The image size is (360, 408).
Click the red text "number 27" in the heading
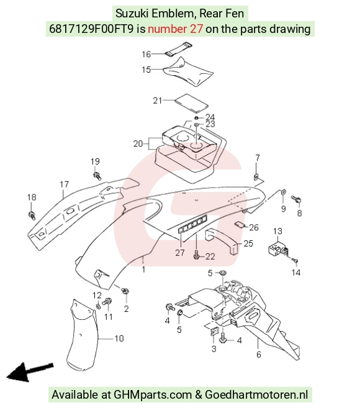[x=175, y=29]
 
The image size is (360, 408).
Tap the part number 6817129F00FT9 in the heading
[x=91, y=29]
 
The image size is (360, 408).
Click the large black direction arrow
[x=30, y=372]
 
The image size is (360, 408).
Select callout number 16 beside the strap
[x=146, y=54]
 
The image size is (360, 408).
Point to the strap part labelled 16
[x=179, y=50]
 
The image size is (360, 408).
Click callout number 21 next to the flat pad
[x=158, y=101]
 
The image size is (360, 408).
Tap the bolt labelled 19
[x=97, y=176]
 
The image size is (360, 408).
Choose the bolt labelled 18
[x=32, y=215]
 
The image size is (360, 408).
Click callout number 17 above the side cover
[x=65, y=184]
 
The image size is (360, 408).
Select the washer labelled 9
[x=284, y=192]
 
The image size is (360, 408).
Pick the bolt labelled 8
[x=296, y=200]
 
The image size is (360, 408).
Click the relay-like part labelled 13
[x=278, y=249]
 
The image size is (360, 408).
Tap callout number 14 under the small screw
[x=296, y=273]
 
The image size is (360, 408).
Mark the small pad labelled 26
[x=240, y=224]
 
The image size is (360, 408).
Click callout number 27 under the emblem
[x=180, y=253]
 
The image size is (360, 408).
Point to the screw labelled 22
[x=196, y=255]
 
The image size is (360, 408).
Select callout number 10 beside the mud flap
[x=119, y=338]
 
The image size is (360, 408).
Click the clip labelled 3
[x=214, y=331]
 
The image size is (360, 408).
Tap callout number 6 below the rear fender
[x=259, y=355]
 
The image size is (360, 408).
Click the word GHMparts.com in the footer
[x=153, y=395]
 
